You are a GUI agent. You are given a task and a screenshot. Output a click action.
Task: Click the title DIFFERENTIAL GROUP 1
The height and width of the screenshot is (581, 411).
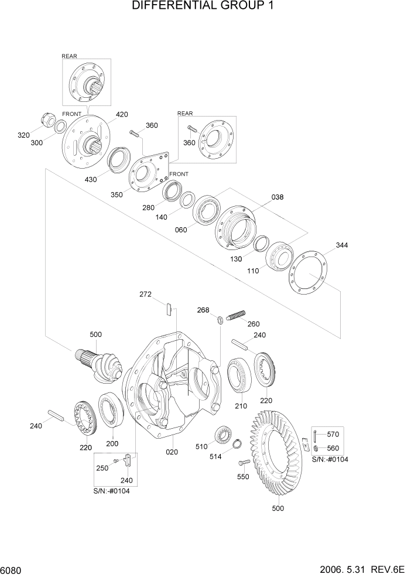pos(203,6)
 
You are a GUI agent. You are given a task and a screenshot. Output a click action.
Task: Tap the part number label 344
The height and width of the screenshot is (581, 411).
pos(342,245)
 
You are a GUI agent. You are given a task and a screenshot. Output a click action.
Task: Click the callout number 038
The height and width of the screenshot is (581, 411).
pos(278,197)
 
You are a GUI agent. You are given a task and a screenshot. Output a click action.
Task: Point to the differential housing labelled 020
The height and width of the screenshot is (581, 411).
pos(176,387)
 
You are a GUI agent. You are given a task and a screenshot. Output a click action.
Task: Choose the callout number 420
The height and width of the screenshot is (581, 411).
pos(122,114)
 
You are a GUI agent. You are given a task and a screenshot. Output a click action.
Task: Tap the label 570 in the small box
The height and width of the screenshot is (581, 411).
pos(333,434)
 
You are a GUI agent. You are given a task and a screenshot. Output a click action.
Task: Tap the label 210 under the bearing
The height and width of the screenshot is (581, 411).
pos(241,406)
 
